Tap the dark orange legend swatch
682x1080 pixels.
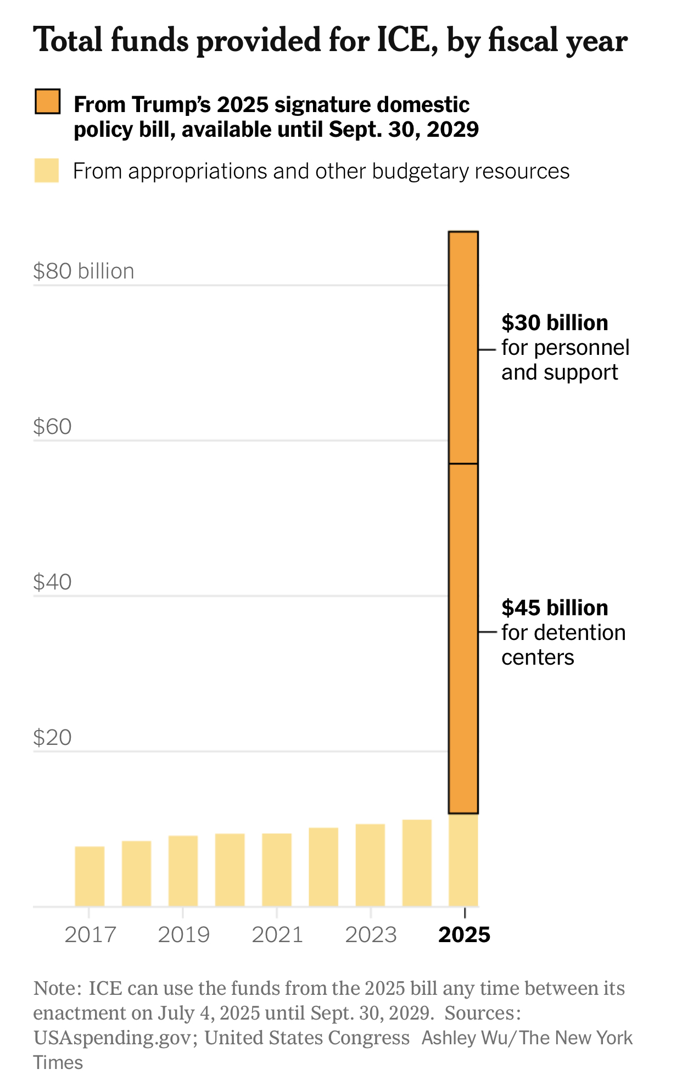tap(47, 102)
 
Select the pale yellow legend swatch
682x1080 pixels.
tap(47, 170)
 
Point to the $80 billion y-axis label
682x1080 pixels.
tap(83, 271)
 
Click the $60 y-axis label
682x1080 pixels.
tap(52, 427)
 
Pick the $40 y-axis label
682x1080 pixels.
tap(52, 582)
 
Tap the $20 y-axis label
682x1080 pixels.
tap(52, 738)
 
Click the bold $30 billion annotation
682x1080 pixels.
tap(555, 322)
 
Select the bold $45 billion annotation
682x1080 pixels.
tap(555, 608)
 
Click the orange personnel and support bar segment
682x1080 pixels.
tap(463, 348)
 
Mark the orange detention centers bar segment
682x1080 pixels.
tap(463, 637)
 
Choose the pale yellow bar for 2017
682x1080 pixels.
tap(90, 876)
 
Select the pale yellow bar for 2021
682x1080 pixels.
tap(276, 870)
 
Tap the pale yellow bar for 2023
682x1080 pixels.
tap(370, 865)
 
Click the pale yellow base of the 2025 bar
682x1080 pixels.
tap(463, 860)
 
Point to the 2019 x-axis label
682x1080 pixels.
tap(183, 934)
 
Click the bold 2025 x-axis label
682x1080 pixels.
tap(464, 934)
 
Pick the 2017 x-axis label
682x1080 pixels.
tap(90, 934)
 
